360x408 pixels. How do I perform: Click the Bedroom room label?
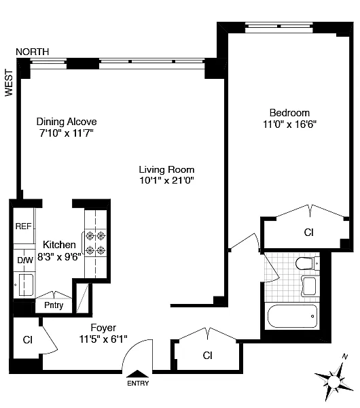coord(289,113)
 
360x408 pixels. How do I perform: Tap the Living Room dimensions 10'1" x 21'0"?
coord(167,180)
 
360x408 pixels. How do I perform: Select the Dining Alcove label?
coord(67,122)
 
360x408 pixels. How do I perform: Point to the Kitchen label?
coord(59,245)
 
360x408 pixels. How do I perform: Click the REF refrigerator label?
coord(23,226)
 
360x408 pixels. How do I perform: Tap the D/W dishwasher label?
coord(25,260)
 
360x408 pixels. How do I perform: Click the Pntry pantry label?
coord(54,305)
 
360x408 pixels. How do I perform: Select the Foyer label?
coord(103,328)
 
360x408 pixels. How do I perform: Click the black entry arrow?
coord(137,373)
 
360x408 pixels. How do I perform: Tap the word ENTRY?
coord(138,384)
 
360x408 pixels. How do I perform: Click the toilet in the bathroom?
coord(307,264)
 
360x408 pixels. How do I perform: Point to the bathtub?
coord(293,316)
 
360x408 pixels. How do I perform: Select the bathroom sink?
coord(309,286)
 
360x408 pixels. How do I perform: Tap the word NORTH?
coord(33,52)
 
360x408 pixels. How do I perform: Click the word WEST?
coord(9,83)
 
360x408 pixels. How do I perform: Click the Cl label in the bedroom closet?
coord(309,233)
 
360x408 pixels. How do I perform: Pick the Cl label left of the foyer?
coord(28,340)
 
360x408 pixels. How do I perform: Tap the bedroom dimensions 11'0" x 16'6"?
coord(289,124)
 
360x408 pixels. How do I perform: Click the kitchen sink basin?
coord(26,285)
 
